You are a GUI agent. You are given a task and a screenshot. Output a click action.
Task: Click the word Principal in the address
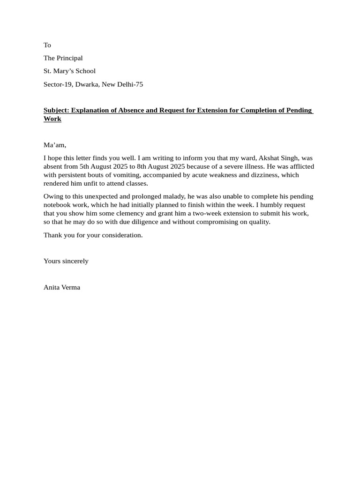click(x=69, y=58)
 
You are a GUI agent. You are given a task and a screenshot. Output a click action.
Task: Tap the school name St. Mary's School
click(x=69, y=71)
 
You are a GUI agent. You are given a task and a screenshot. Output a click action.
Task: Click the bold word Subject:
click(x=56, y=111)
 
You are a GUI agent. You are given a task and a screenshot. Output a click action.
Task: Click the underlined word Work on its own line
click(x=52, y=119)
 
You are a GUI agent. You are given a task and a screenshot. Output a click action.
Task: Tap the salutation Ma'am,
click(x=55, y=145)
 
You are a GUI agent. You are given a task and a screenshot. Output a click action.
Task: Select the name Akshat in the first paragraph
click(x=269, y=158)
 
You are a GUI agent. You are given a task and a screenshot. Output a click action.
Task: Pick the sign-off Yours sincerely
click(x=66, y=261)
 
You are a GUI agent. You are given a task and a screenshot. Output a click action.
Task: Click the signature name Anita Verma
click(x=62, y=287)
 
